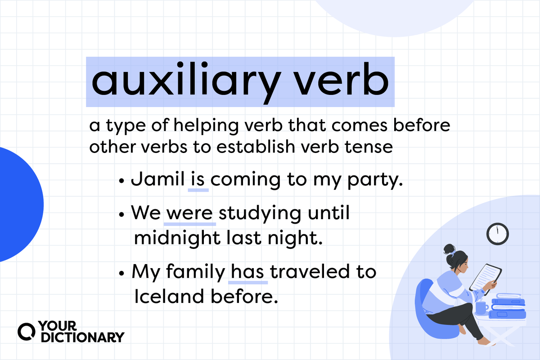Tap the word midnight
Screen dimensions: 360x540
(x=176, y=238)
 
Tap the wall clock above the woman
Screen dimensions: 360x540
(x=497, y=234)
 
